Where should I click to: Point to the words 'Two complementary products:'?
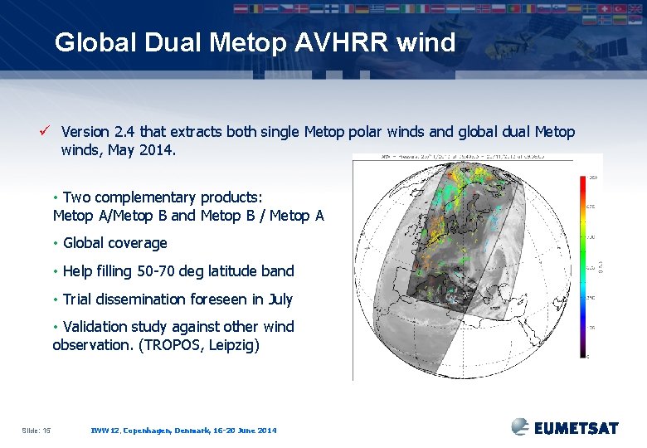point(163,197)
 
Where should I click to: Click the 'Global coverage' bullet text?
point(114,243)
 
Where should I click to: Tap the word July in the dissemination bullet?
point(276,299)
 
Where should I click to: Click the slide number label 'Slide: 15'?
point(36,430)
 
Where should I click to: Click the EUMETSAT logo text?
point(576,428)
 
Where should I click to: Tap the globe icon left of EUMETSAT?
point(520,426)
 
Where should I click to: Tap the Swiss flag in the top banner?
point(604,9)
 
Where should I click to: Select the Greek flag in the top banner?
point(377,9)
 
